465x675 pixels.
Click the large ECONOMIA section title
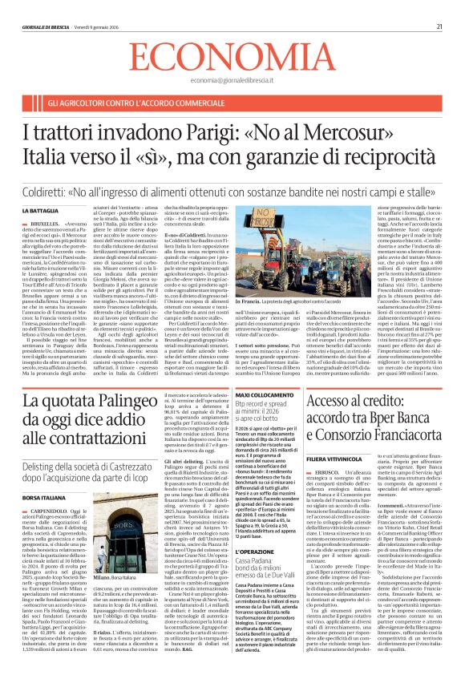tap(232, 58)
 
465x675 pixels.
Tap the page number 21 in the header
tap(440, 27)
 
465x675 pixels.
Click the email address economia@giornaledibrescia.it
tap(232, 81)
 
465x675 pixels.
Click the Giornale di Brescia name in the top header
tap(43, 27)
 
